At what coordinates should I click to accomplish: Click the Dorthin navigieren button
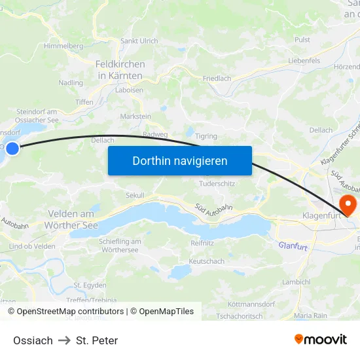[179, 160]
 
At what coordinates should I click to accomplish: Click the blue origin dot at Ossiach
[12, 149]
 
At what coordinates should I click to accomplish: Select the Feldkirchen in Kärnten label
[120, 70]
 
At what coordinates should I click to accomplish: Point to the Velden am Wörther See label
[70, 219]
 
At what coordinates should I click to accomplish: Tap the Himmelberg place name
[63, 46]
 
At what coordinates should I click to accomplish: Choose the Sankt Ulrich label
[139, 41]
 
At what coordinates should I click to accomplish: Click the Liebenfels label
[304, 60]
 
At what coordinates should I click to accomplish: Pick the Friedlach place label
[217, 79]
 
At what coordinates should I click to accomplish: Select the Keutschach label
[206, 261]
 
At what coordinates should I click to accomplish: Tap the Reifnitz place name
[202, 243]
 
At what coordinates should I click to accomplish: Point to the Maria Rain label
[310, 315]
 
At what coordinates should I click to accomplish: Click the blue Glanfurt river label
[293, 245]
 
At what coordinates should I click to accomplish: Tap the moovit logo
[321, 340]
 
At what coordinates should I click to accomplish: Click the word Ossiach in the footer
[33, 340]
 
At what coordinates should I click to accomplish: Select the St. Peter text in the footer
[97, 340]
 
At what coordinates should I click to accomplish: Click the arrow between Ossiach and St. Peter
[64, 340]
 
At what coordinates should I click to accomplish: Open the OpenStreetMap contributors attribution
[70, 312]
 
